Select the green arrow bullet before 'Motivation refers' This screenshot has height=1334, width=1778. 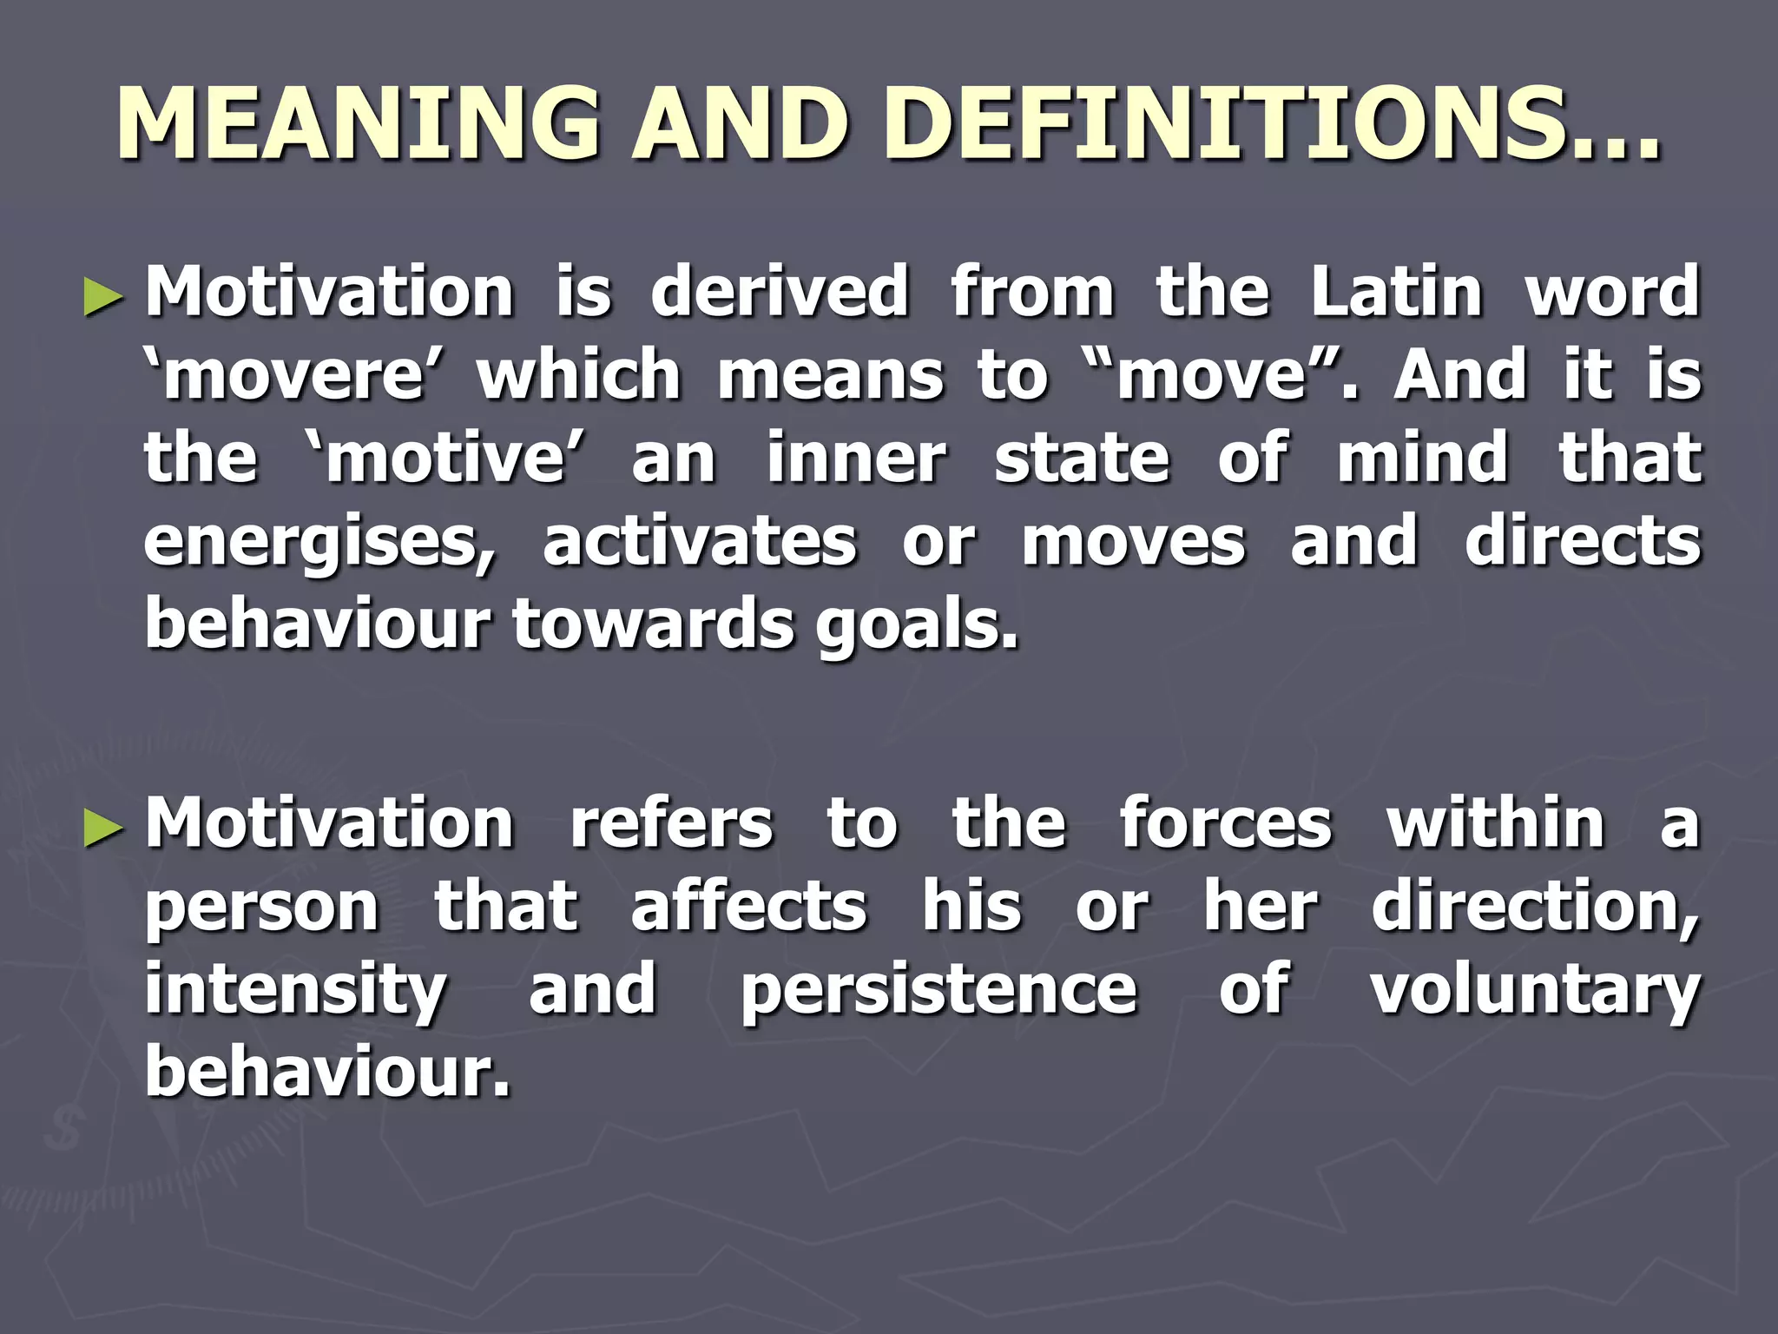tap(103, 829)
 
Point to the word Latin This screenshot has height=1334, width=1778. tap(1397, 292)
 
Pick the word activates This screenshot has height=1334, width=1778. tap(700, 542)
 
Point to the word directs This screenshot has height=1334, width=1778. tap(1583, 542)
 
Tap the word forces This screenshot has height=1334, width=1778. tap(1225, 823)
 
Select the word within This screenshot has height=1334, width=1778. tap(1495, 823)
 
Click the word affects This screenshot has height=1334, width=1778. tap(748, 907)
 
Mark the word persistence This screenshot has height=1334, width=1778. tap(938, 990)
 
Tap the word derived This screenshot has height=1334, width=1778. tap(780, 292)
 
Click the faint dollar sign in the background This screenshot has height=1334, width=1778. tap(65, 1127)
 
